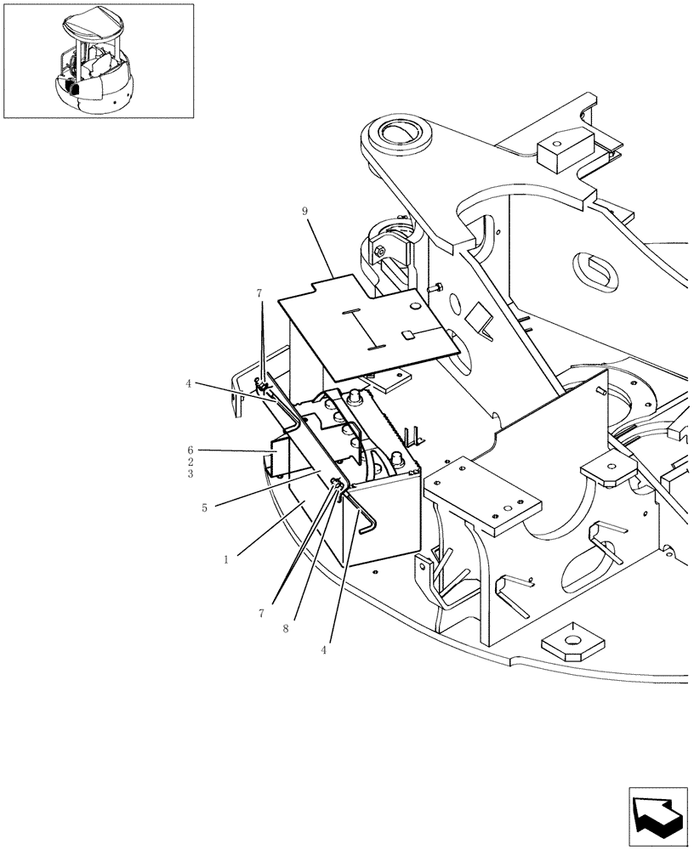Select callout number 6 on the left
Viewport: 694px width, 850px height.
pyautogui.click(x=191, y=450)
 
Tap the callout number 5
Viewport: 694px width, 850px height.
pyautogui.click(x=191, y=473)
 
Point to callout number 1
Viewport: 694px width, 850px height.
pyautogui.click(x=225, y=560)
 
